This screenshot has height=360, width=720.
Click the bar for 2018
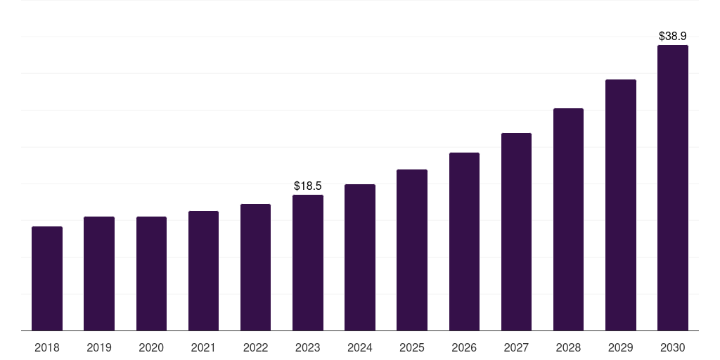pyautogui.click(x=47, y=278)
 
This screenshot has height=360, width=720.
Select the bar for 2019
pyautogui.click(x=99, y=274)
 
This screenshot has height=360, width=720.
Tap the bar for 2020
pyautogui.click(x=151, y=274)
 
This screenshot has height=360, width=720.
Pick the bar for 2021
pyautogui.click(x=203, y=271)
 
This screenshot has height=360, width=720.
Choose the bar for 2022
pyautogui.click(x=255, y=267)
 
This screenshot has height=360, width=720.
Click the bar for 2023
pyautogui.click(x=308, y=262)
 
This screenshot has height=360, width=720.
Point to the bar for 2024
pyautogui.click(x=360, y=257)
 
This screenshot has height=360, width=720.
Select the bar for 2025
pyautogui.click(x=412, y=250)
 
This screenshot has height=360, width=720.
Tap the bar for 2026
pyautogui.click(x=464, y=241)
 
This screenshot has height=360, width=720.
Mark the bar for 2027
pyautogui.click(x=516, y=231)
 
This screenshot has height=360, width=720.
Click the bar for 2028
pyautogui.click(x=568, y=219)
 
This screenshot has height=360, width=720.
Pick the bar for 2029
pyautogui.click(x=620, y=205)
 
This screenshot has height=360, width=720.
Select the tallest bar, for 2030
pyautogui.click(x=672, y=188)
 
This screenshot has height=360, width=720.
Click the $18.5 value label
pyautogui.click(x=308, y=186)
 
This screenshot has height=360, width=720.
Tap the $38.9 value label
pyautogui.click(x=672, y=36)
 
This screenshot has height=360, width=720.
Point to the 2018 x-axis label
pyautogui.click(x=47, y=347)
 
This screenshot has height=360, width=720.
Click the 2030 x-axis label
pyautogui.click(x=672, y=347)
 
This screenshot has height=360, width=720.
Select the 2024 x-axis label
pyautogui.click(x=360, y=347)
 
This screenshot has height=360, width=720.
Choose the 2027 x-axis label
pyautogui.click(x=516, y=347)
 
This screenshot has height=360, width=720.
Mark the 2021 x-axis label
pyautogui.click(x=203, y=347)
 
